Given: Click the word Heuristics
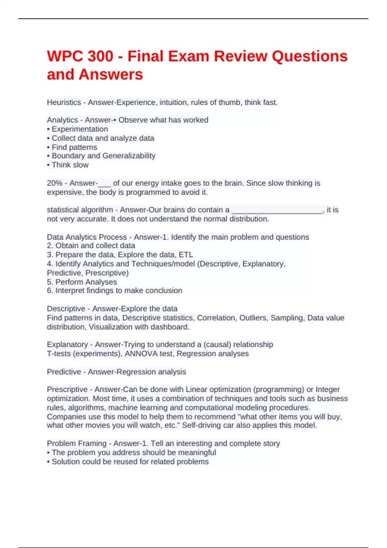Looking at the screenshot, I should pos(64,103).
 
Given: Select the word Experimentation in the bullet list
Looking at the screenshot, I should pos(80,129).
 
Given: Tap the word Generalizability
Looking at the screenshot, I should pos(129,156).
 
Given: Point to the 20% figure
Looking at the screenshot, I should pos(55,183).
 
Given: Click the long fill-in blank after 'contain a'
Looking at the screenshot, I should pos(277,210).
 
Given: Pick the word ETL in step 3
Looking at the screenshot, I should pos(186,255).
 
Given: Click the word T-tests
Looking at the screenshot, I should pos(59,354).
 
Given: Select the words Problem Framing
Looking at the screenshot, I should pos(76,444).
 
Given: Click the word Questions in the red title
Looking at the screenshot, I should pos(309,56).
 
